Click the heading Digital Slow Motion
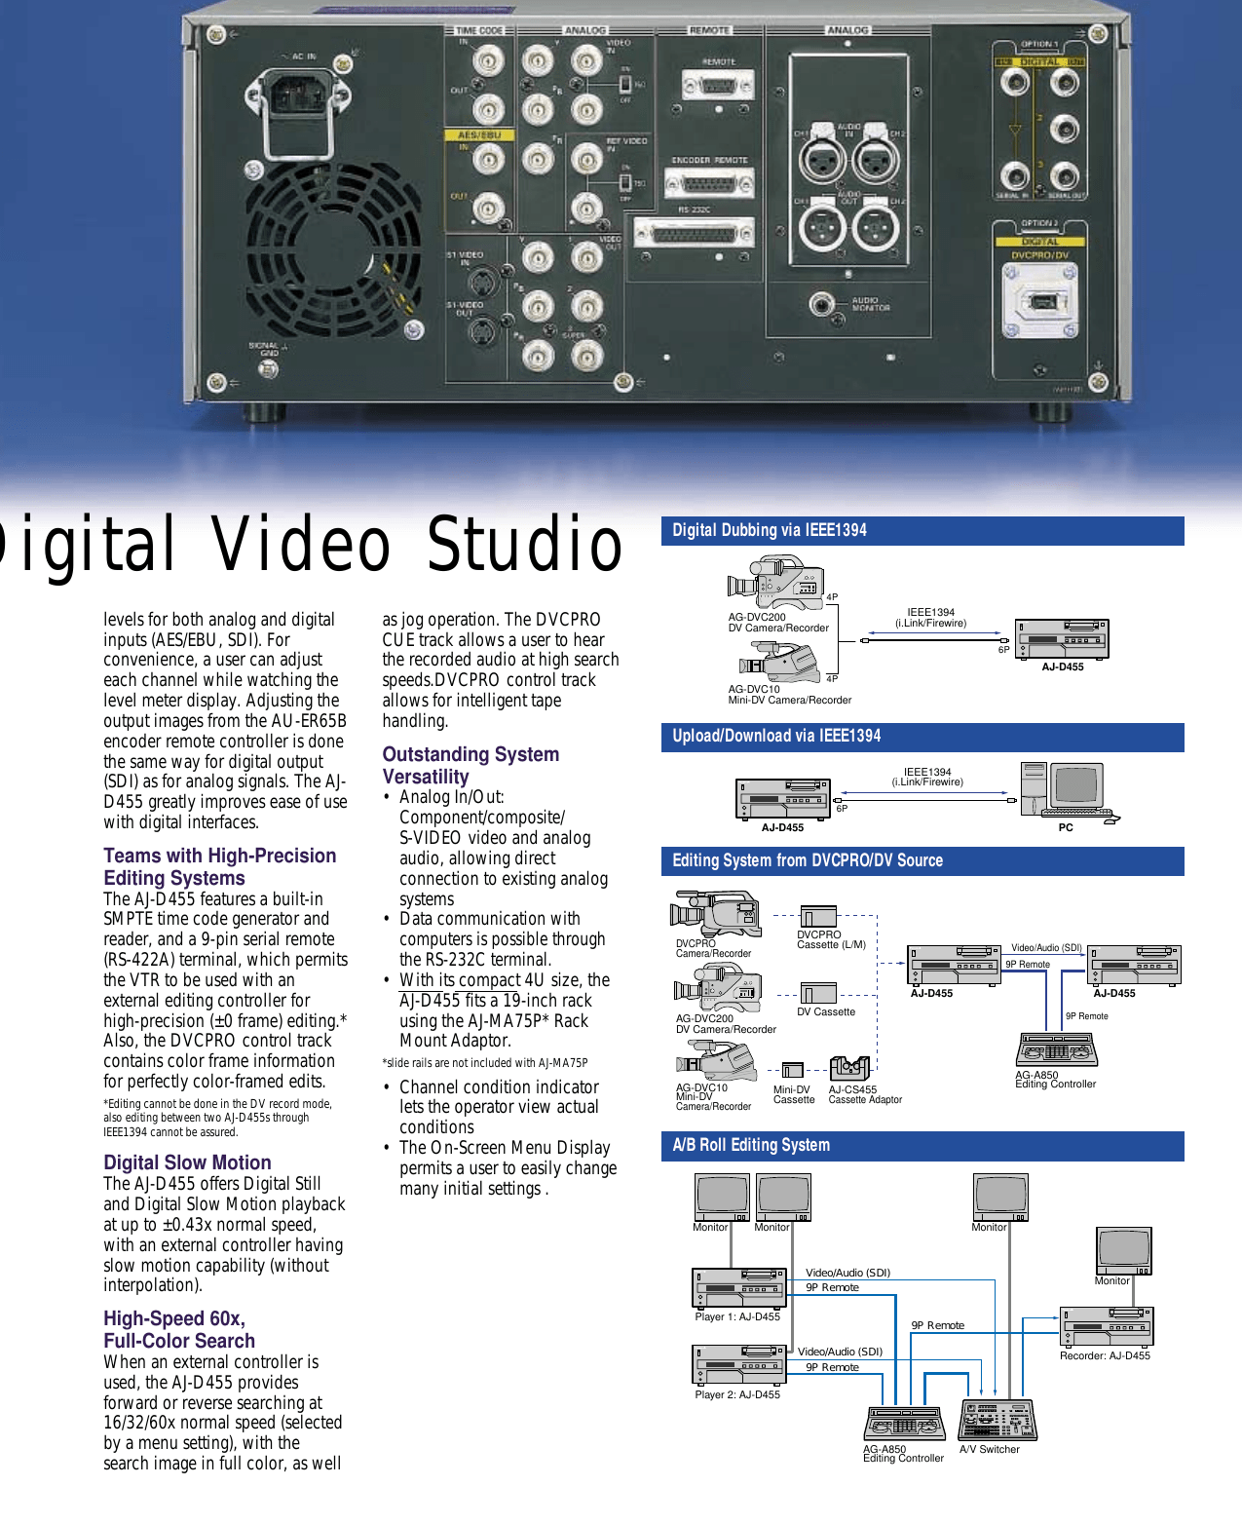pyautogui.click(x=187, y=1162)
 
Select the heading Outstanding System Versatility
pyautogui.click(x=470, y=765)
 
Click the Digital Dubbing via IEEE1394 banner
pyautogui.click(x=922, y=531)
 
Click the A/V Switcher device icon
pyautogui.click(x=997, y=1420)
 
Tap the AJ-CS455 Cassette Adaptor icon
pyautogui.click(x=848, y=1068)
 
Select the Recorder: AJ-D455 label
pyautogui.click(x=1105, y=1355)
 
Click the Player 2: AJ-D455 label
pyautogui.click(x=737, y=1394)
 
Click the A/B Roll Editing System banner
pyautogui.click(x=922, y=1146)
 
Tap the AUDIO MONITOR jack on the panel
pyautogui.click(x=823, y=305)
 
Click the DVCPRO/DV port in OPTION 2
pyautogui.click(x=1040, y=301)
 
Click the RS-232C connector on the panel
pyautogui.click(x=694, y=233)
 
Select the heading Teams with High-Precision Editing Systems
pyautogui.click(x=220, y=866)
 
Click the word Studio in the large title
pyautogui.click(x=525, y=545)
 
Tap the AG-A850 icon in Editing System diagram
pyautogui.click(x=1056, y=1049)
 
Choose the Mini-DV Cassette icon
pyautogui.click(x=792, y=1070)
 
